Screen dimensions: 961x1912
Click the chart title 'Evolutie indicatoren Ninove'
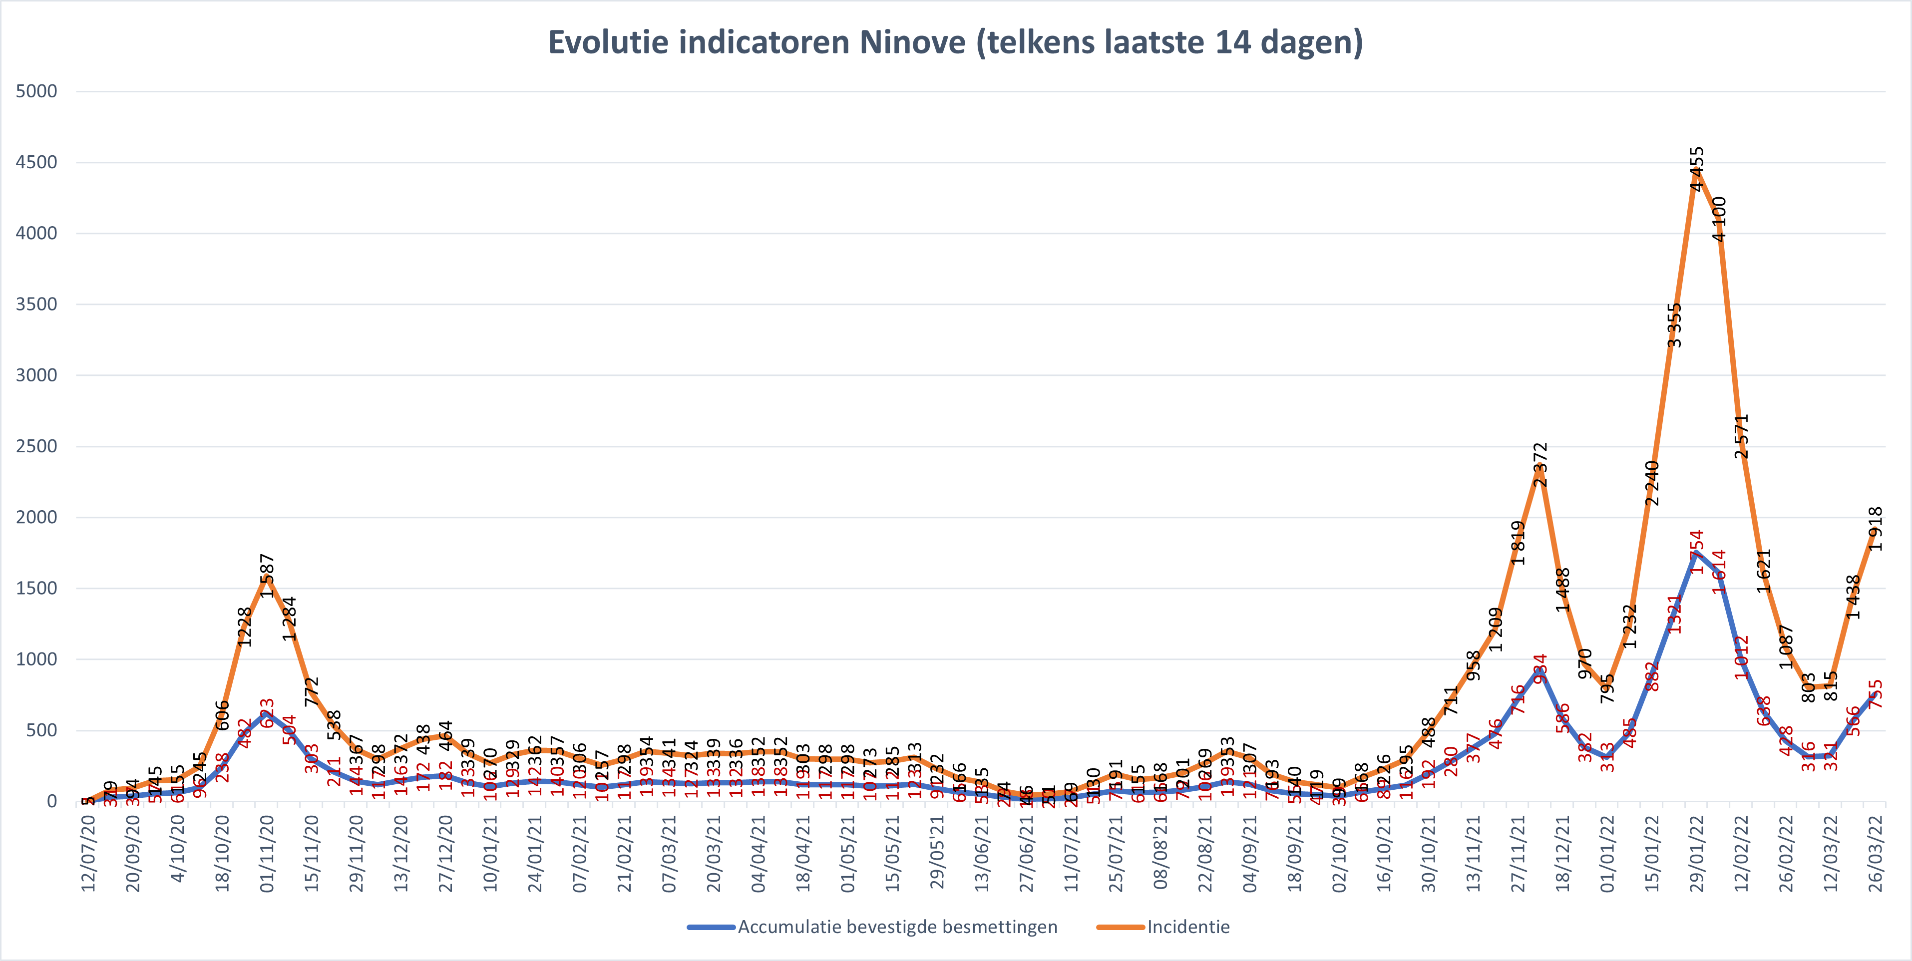(x=955, y=42)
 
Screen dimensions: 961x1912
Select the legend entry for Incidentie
(x=1187, y=927)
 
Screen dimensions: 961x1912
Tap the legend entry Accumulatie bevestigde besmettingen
(x=897, y=927)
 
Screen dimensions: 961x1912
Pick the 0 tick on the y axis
(x=52, y=801)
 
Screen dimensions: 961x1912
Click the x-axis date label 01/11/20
(x=267, y=853)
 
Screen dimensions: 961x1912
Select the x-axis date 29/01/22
(x=1697, y=853)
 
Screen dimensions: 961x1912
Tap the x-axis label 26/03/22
(x=1876, y=853)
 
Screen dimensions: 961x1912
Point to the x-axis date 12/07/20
(x=88, y=853)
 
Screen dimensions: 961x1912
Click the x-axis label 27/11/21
(x=1518, y=853)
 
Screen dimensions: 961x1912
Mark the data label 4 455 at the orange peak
(x=1697, y=169)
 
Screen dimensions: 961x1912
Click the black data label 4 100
(x=1719, y=219)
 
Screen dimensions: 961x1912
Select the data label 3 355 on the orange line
(x=1674, y=325)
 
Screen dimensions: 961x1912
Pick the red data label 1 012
(x=1741, y=657)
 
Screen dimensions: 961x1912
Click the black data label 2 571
(x=1741, y=436)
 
